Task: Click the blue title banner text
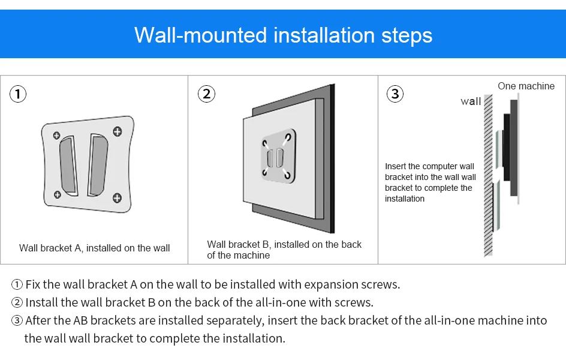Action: tap(284, 35)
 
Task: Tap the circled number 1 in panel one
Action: tap(18, 94)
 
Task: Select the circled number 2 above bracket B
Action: tap(206, 94)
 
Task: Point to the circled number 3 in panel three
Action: tap(395, 94)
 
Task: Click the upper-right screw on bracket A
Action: tap(118, 131)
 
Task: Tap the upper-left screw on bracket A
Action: tap(57, 136)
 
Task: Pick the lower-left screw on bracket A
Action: tap(58, 195)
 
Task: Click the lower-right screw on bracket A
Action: tap(117, 198)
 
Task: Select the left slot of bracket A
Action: tap(68, 166)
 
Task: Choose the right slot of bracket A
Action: tap(98, 165)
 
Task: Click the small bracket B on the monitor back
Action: tap(278, 156)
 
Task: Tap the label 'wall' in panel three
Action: tap(471, 101)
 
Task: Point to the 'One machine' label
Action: tap(526, 86)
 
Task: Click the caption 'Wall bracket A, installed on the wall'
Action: tap(94, 248)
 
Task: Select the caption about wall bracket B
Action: tap(284, 250)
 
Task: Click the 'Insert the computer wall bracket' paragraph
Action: tap(430, 182)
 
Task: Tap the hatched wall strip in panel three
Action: tap(489, 175)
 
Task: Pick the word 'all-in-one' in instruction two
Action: tap(281, 302)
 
